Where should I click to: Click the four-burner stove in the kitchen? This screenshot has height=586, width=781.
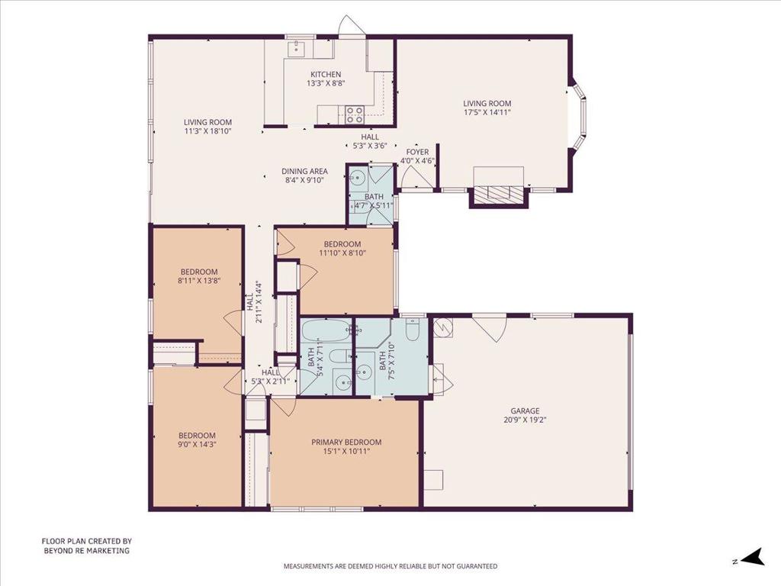point(354,114)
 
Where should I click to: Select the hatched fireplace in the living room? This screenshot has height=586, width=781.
point(498,195)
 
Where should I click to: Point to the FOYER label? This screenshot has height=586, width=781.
point(417,152)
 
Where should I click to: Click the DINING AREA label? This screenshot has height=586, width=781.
point(304,172)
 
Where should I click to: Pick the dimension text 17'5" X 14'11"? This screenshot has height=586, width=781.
point(487,112)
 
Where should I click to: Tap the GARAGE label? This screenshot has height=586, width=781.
point(525,411)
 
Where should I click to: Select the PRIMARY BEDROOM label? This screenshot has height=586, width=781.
point(346,442)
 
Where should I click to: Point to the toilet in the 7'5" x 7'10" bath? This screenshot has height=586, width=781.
point(413,331)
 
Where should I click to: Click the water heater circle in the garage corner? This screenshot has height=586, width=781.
point(442,327)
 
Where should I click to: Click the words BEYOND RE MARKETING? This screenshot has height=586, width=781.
point(86,550)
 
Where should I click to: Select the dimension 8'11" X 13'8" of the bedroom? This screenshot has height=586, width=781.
point(199,281)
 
